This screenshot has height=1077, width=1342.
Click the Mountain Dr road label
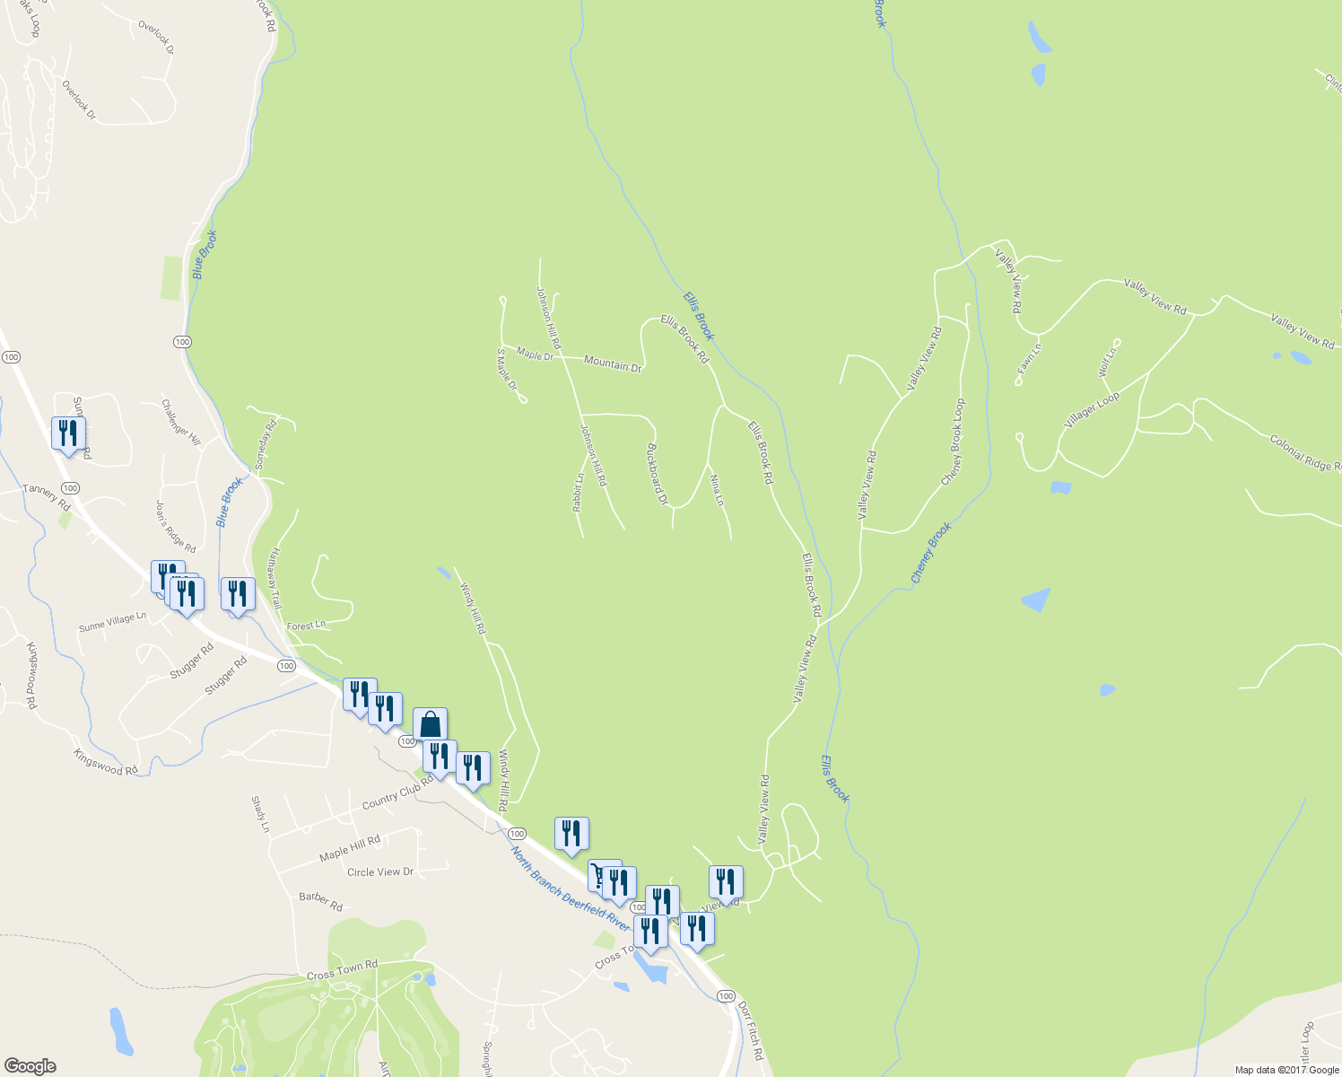[x=613, y=364]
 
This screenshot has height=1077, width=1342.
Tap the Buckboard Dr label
[x=658, y=474]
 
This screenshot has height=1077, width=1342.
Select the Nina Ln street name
[x=716, y=490]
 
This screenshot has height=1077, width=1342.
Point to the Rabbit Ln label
[x=579, y=493]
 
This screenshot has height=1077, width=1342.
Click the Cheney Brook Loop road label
[x=954, y=442]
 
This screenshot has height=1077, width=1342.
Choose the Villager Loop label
[x=1092, y=410]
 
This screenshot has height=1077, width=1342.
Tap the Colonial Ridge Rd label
[x=1305, y=452]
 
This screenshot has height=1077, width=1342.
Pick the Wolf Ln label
[x=1107, y=362]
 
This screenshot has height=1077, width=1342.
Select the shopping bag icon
[x=430, y=723]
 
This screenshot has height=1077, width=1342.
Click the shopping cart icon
[x=598, y=874]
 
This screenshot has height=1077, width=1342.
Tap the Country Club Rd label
[x=397, y=792]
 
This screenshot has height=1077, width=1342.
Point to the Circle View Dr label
[x=380, y=871]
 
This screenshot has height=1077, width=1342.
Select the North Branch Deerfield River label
[x=571, y=888]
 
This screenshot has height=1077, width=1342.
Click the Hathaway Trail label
[x=274, y=579]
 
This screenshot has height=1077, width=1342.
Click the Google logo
[x=30, y=1066]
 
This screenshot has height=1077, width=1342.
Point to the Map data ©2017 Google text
[x=1286, y=1070]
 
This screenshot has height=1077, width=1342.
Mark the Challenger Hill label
[x=180, y=422]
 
